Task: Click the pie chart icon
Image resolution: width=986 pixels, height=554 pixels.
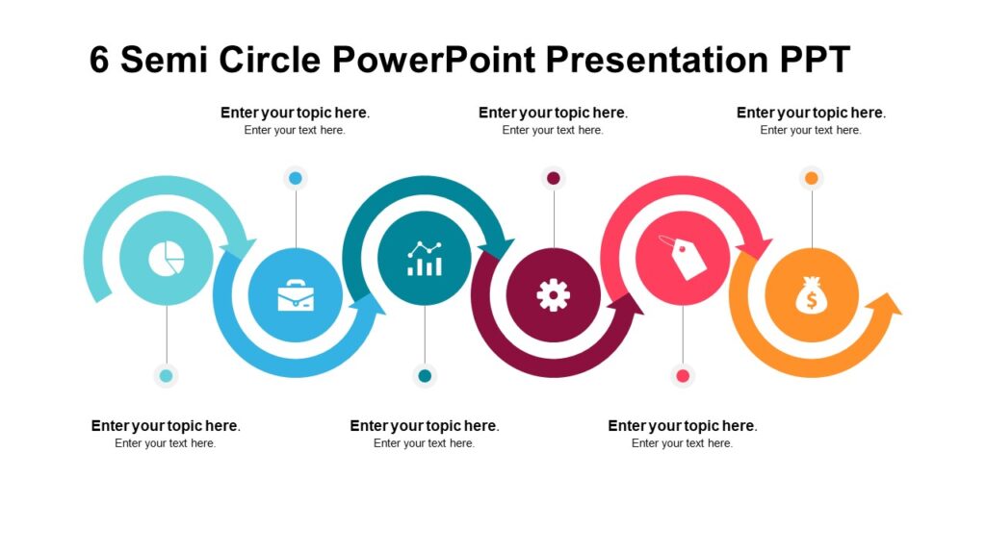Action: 167,258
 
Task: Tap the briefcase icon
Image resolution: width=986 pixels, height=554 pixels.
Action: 296,295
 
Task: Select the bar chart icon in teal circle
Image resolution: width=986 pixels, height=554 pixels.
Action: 425,258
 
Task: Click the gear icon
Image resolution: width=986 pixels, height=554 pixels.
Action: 554,294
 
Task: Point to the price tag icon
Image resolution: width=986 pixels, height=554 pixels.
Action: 683,257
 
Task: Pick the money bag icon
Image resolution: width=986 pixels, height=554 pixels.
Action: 812,294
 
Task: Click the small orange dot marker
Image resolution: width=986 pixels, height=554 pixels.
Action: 812,178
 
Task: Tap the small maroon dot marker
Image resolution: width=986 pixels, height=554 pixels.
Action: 554,178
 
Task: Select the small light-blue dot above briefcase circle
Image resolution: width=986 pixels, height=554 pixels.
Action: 296,178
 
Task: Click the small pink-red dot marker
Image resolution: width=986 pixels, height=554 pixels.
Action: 683,376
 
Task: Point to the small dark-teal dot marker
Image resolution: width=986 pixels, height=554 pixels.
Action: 425,376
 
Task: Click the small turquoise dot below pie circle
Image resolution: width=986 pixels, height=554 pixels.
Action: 167,376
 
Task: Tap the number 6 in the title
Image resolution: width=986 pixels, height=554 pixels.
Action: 100,60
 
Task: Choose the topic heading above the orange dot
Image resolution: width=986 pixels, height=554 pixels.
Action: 811,113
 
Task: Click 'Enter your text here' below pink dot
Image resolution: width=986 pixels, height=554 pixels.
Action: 682,443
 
